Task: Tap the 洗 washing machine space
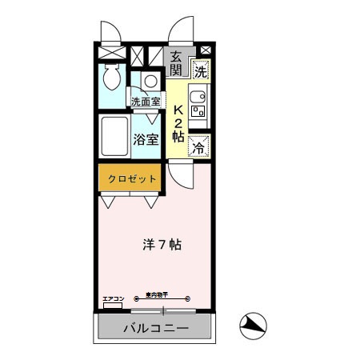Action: [199, 71]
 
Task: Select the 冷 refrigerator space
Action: [198, 147]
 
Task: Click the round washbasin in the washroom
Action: [150, 81]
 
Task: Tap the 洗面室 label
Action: [146, 102]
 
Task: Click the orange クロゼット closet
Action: [128, 178]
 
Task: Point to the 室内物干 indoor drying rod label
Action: [158, 295]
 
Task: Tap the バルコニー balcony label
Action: [155, 329]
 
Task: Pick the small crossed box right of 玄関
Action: [205, 51]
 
